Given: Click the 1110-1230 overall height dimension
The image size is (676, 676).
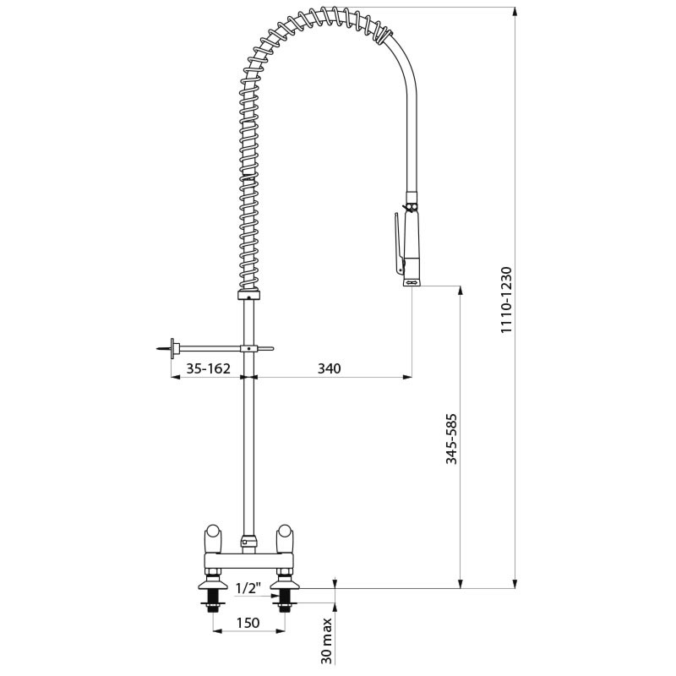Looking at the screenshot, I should (x=506, y=301).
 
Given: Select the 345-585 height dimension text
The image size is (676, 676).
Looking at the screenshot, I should (x=451, y=438).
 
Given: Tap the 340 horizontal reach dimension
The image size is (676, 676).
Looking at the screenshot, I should (x=330, y=368).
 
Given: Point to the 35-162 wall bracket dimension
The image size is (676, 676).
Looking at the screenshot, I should (x=208, y=368).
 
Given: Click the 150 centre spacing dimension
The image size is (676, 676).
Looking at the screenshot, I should (x=248, y=623).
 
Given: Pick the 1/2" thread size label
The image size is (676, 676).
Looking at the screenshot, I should (x=247, y=588).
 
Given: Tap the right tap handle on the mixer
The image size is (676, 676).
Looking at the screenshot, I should (x=286, y=536).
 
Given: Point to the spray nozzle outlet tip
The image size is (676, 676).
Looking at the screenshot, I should (x=411, y=283).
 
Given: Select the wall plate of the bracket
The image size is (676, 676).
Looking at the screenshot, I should (x=173, y=347).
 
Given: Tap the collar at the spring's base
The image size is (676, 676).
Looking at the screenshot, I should (x=248, y=296).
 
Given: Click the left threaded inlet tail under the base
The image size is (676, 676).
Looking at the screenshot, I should (x=211, y=601).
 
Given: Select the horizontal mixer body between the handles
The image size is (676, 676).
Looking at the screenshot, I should (x=248, y=560).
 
